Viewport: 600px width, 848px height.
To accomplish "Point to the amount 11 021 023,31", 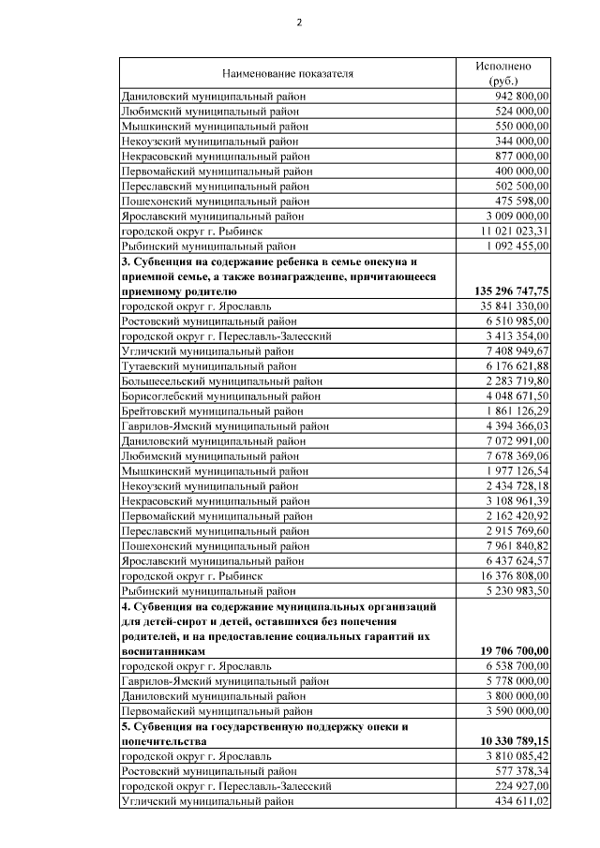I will click(515, 231).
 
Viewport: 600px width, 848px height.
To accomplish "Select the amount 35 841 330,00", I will click(515, 305).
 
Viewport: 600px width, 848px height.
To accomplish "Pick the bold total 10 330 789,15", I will click(511, 740).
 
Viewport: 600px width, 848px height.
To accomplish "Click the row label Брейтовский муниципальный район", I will click(213, 410).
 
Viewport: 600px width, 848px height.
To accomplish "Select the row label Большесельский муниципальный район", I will click(219, 380).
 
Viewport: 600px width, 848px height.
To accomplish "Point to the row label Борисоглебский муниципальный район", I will click(221, 395).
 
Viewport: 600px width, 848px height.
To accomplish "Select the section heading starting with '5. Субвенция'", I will click(266, 733).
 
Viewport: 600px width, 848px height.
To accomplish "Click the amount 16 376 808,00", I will click(515, 575).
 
